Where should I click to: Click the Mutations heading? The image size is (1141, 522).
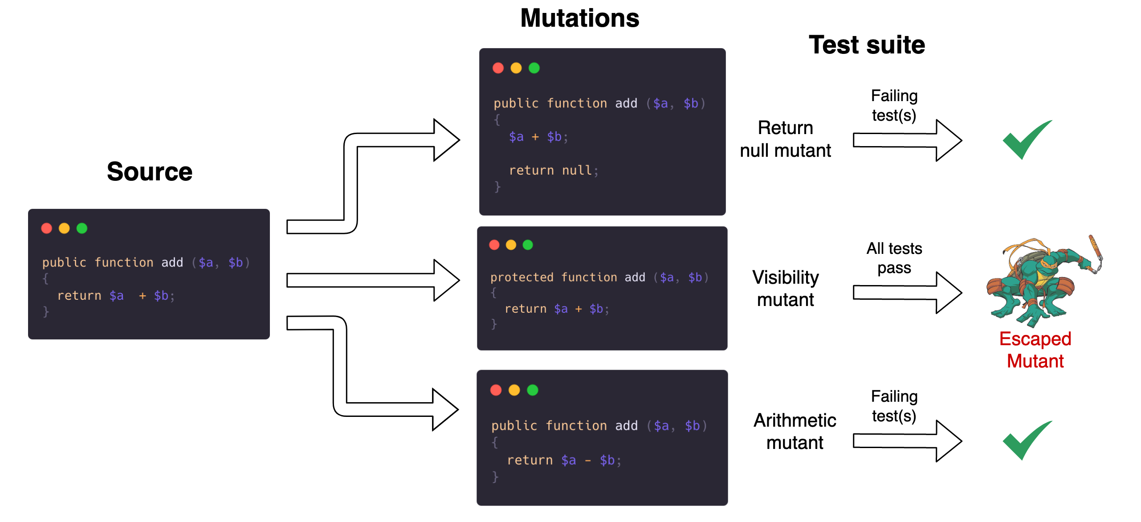coord(579,19)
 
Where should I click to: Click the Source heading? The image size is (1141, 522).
coord(149,172)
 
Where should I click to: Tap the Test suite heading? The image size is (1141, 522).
coord(867,45)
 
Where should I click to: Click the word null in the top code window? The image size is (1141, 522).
coord(577,171)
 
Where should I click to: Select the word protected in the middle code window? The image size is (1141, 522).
coord(522,277)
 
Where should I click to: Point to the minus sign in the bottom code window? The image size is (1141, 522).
coord(588,461)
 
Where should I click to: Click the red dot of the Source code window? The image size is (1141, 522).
coord(47,228)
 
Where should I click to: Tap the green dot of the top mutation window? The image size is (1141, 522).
coord(534,68)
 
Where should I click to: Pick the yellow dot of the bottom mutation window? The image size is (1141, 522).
coord(514,391)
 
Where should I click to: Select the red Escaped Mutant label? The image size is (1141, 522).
coord(1035,350)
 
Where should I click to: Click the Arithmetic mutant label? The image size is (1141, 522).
coord(795,432)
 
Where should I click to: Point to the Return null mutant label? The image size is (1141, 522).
coord(785,139)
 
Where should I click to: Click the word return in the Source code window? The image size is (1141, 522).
coord(79,296)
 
